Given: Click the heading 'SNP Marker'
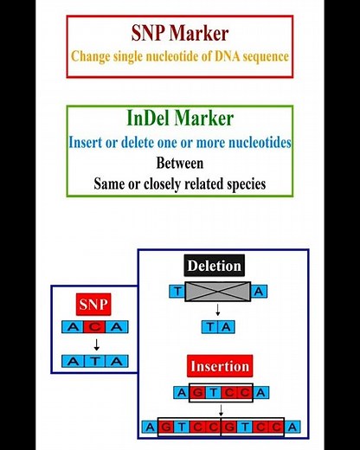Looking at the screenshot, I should click(180, 33).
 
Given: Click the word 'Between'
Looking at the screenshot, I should click(179, 162).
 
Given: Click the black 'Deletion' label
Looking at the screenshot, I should click(214, 266).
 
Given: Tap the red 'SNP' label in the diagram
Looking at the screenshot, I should click(94, 305).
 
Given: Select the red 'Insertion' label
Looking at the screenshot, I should click(219, 365).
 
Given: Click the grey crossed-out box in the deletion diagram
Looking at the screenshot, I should click(219, 292).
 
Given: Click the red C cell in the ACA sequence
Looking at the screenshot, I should click(95, 327).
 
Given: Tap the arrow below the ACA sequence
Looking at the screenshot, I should click(95, 344).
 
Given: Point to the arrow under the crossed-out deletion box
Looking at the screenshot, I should click(219, 311).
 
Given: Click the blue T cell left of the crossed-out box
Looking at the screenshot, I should click(178, 292).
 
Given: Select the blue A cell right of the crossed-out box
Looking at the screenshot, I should click(260, 292).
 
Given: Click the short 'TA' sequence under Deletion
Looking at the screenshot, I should click(219, 327).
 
